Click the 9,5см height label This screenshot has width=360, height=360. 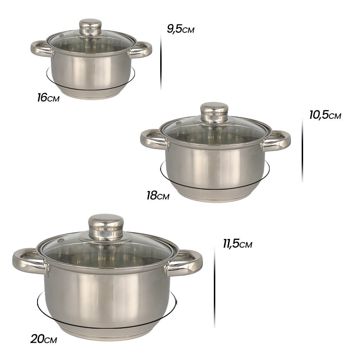click(180, 29)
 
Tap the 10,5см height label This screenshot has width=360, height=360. click(325, 115)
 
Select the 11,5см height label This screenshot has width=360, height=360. click(237, 244)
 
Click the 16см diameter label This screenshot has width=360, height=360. click(48, 97)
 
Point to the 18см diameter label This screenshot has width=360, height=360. click(158, 196)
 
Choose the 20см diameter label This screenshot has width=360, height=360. click(44, 339)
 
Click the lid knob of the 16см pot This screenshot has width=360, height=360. click(90, 27)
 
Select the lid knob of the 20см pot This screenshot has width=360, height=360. click(106, 226)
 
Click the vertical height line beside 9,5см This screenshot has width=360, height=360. click(161, 57)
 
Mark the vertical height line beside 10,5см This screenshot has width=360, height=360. click(302, 149)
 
